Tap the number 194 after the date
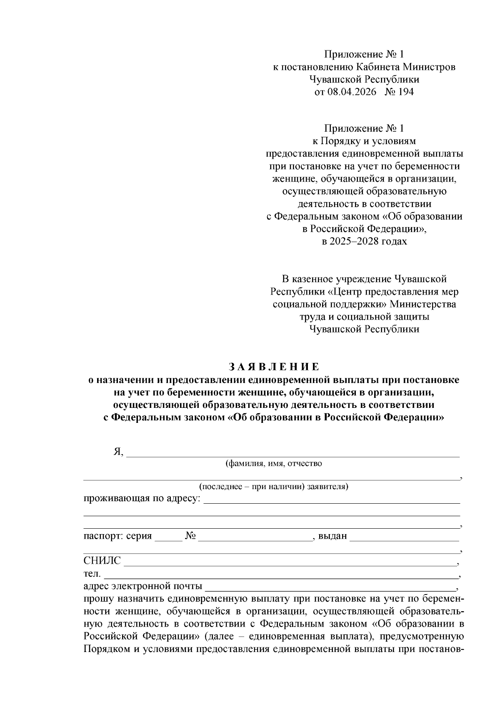(405, 92)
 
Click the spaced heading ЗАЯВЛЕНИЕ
(274, 367)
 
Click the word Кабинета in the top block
(376, 67)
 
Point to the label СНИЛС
(102, 561)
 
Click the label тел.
(92, 574)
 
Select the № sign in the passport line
(190, 536)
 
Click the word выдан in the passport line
(332, 536)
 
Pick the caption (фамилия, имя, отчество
(273, 463)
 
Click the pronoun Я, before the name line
(119, 452)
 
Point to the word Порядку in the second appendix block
(337, 141)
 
